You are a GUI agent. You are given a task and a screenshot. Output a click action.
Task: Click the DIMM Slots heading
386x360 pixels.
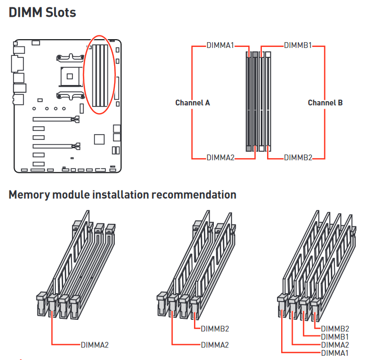[42, 13]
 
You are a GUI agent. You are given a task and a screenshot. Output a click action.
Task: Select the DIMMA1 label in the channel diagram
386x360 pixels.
[220, 45]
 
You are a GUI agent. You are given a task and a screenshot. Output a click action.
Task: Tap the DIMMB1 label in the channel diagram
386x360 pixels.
[298, 45]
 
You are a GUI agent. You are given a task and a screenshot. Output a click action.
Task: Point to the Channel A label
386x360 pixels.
[192, 103]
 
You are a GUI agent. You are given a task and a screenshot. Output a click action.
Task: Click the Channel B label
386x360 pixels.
[325, 103]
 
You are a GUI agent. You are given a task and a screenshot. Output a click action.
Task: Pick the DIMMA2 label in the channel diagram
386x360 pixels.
[221, 158]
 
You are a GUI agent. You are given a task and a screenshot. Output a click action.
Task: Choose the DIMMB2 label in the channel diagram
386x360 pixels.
[298, 158]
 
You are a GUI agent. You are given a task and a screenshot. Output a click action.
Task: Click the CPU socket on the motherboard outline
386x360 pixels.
[70, 76]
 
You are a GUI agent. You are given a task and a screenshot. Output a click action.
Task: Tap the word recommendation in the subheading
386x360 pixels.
[194, 195]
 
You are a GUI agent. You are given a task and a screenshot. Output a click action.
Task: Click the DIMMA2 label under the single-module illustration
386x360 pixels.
[95, 345]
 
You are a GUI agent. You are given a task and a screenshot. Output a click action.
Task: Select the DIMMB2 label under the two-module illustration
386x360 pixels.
[215, 329]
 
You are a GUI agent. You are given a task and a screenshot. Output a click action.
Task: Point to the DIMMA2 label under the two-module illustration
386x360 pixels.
[215, 345]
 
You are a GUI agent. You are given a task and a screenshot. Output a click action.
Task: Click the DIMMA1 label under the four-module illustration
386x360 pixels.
[335, 353]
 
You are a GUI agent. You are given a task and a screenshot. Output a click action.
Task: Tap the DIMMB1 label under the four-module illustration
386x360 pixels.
[335, 337]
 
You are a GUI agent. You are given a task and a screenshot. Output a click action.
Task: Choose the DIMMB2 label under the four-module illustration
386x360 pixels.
[335, 329]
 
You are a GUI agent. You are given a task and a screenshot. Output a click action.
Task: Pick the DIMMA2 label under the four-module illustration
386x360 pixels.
[335, 345]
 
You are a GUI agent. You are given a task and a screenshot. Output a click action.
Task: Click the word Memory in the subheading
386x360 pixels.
[30, 195]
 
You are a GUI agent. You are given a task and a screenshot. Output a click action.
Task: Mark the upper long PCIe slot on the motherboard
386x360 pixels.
[56, 119]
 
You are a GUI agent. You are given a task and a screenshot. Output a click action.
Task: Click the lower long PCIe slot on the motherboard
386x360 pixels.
[56, 146]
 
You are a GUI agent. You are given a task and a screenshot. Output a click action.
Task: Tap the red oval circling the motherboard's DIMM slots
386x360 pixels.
[83, 75]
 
